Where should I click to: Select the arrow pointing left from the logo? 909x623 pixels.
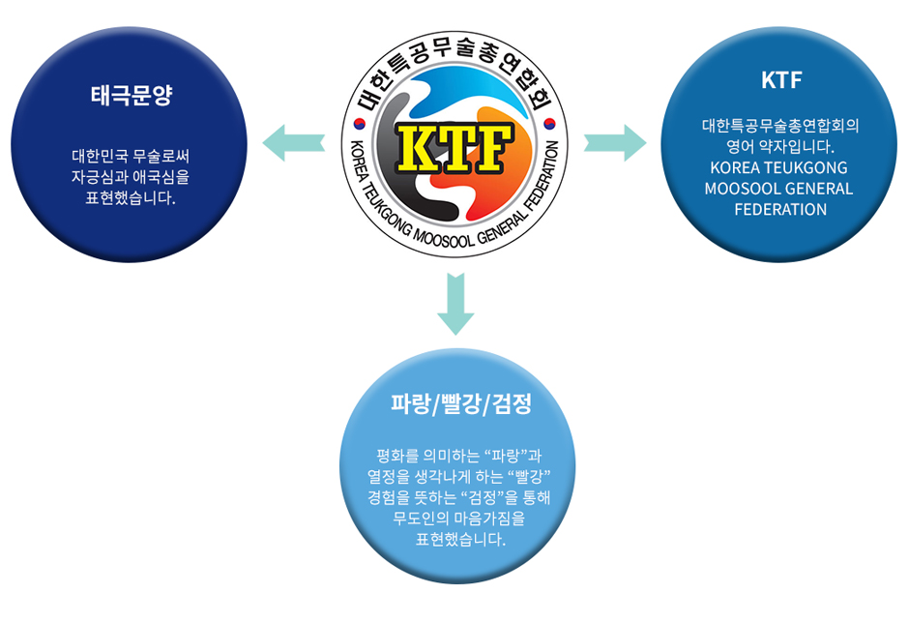(x=295, y=140)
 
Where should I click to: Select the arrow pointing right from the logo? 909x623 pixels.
(x=615, y=141)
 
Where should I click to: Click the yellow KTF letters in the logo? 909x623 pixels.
(x=454, y=146)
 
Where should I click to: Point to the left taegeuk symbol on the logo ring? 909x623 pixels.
(x=360, y=124)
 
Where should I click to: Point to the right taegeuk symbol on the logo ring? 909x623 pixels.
(x=549, y=124)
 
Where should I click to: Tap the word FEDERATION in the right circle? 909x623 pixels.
(x=780, y=209)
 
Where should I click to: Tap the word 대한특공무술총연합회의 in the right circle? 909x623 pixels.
(x=780, y=126)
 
